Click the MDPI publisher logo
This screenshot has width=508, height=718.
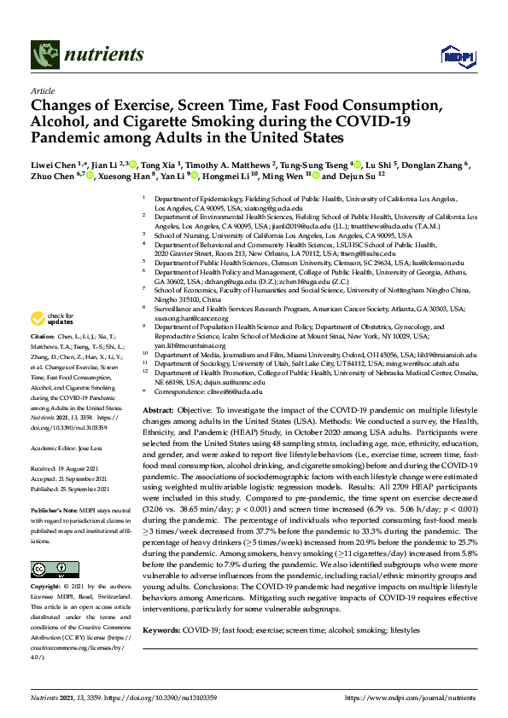pos(453,56)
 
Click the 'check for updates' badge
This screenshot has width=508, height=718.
pos(50,343)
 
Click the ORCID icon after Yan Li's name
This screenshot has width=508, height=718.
pos(195,177)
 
